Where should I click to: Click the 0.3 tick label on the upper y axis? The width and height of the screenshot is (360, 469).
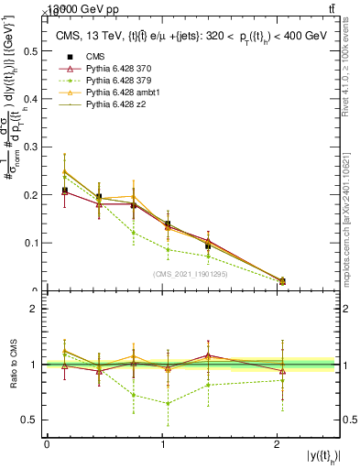click(34, 147)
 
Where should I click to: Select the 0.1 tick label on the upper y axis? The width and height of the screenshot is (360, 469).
click(34, 244)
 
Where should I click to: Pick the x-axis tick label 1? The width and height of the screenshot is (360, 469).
click(162, 444)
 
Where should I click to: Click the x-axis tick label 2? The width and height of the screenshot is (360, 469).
click(278, 444)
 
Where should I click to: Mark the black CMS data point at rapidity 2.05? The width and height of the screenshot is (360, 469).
click(282, 281)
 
